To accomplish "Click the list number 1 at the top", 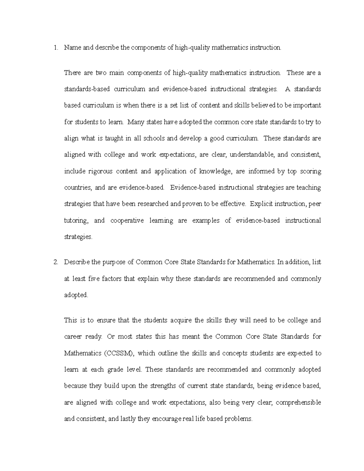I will click(x=55, y=48).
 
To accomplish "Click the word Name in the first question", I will click(x=71, y=48).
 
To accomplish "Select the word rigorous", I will click(x=100, y=171).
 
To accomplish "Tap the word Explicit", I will click(x=261, y=204).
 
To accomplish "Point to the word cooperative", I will click(x=127, y=220).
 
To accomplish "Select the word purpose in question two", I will click(x=114, y=262).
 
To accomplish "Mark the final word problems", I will click(x=238, y=419).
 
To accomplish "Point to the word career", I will click(x=72, y=337).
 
